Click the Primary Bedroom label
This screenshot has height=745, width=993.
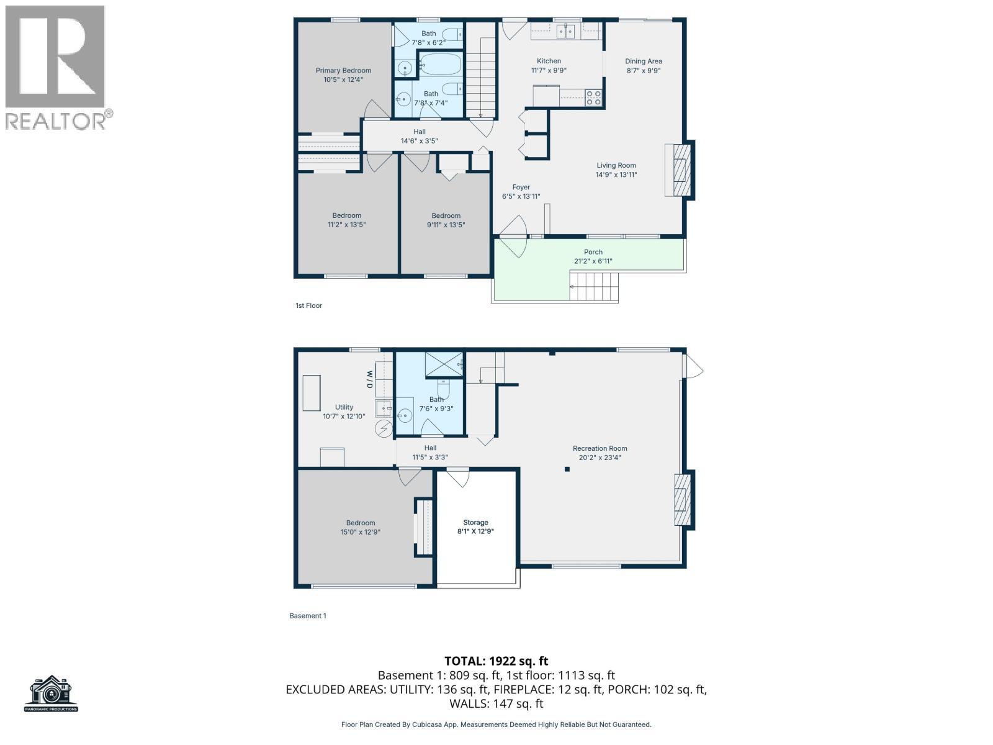(343, 70)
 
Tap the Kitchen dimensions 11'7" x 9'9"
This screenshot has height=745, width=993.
(549, 70)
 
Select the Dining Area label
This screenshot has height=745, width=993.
(643, 61)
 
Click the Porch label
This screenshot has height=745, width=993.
(593, 251)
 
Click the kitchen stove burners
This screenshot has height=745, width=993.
(593, 97)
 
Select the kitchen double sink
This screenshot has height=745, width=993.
(565, 32)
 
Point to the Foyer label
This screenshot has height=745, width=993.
(521, 187)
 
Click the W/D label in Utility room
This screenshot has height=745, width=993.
(369, 379)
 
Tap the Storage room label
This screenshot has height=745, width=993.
(475, 522)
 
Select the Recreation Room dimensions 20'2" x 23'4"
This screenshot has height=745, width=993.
(600, 458)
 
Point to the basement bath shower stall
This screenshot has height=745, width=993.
(443, 364)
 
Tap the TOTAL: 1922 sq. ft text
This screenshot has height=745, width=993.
(496, 661)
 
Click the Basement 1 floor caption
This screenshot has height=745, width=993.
(307, 616)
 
